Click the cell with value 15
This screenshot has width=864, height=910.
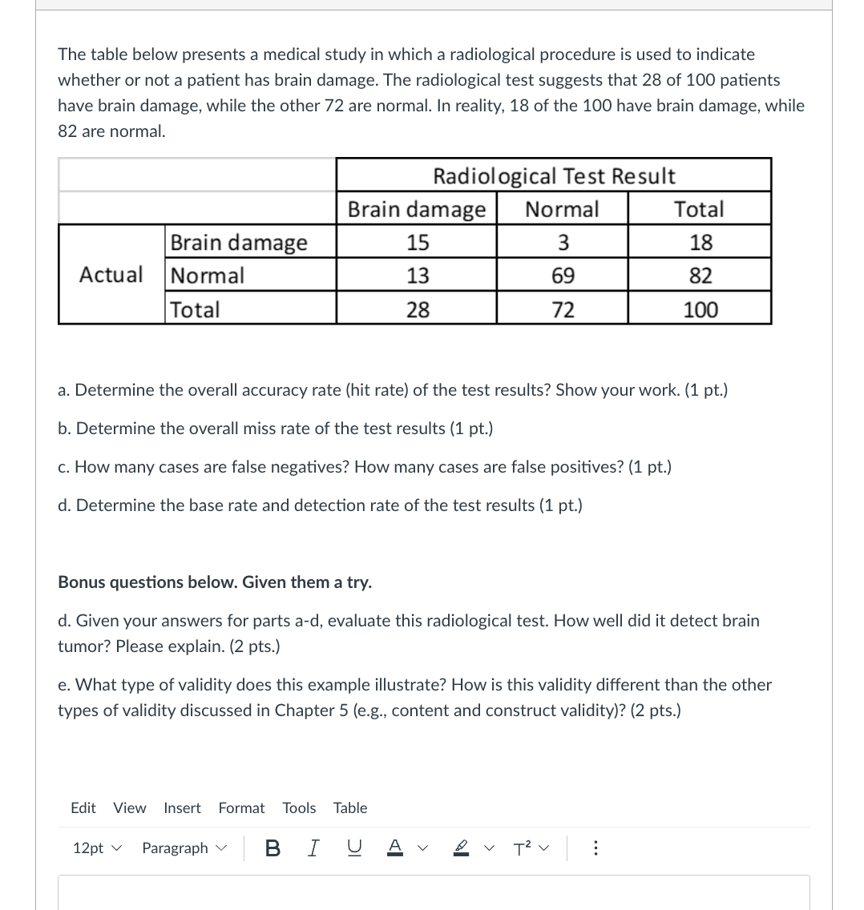417,242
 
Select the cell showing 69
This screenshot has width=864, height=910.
563,276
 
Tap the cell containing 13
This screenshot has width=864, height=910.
417,276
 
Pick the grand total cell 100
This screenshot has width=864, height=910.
700,309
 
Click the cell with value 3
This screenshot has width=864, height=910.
563,242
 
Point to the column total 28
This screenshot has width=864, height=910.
417,309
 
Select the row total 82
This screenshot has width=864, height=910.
700,276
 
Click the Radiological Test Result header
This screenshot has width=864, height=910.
554,175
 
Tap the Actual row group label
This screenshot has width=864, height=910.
111,275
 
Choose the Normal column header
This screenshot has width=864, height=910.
562,209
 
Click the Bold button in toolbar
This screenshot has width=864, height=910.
272,848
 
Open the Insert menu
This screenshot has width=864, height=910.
182,807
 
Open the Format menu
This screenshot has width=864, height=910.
241,807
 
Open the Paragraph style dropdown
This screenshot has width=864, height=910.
184,848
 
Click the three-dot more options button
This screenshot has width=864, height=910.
595,848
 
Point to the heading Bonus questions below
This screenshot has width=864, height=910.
215,582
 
